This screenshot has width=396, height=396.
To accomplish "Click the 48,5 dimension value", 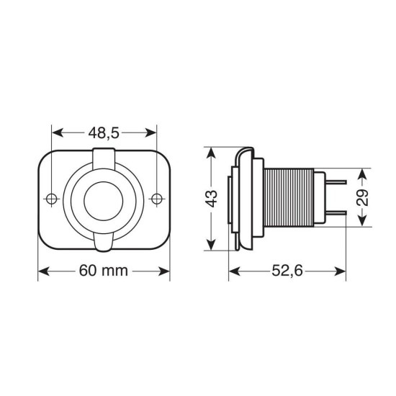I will click(104, 134).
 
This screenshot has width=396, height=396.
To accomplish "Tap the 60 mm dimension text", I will click(103, 271).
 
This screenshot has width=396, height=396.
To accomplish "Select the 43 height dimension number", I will click(211, 199).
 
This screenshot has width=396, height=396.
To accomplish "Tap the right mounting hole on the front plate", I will click(157, 198).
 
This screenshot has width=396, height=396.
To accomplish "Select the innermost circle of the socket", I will click(104, 199).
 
